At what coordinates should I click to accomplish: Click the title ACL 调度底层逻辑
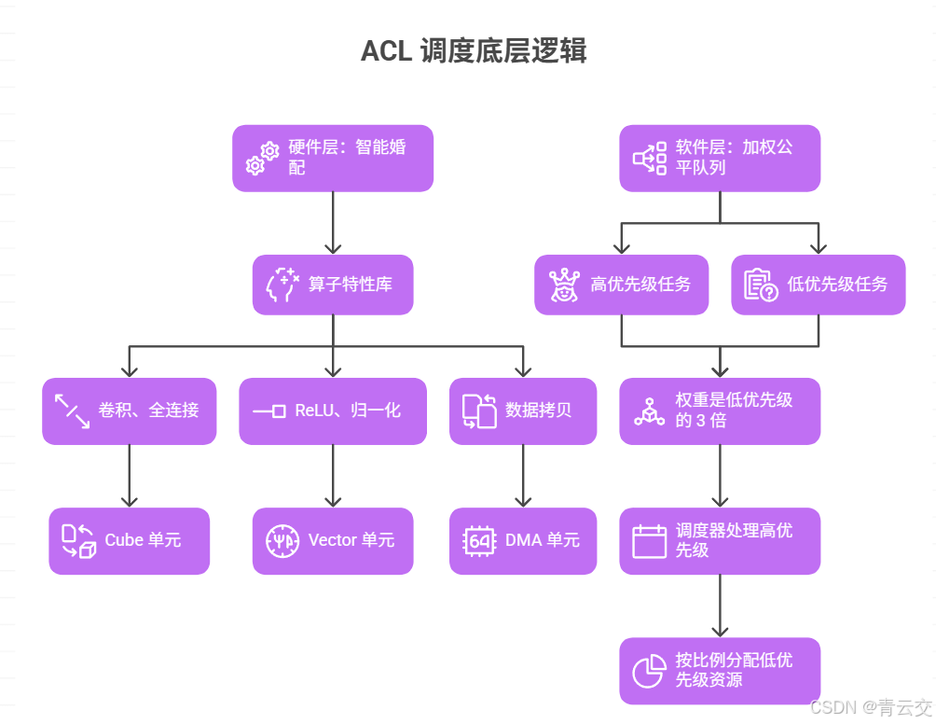point(474,50)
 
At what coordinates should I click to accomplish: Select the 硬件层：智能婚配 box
point(333,159)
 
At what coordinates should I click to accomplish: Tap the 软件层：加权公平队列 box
point(720,159)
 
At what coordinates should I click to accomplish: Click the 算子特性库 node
point(333,285)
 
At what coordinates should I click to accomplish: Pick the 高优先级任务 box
point(621,285)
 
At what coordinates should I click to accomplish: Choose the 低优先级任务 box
point(818,285)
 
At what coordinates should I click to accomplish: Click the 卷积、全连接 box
point(130,411)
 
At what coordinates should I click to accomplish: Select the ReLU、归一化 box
point(333,411)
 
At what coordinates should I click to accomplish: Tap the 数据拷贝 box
point(523,411)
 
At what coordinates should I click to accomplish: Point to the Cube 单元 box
point(130,540)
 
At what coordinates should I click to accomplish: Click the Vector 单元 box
point(333,540)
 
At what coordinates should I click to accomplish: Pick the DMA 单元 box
point(523,540)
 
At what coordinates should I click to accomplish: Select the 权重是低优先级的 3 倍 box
point(720,411)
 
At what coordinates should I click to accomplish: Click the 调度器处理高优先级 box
point(720,540)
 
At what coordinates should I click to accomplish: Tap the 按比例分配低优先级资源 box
point(720,670)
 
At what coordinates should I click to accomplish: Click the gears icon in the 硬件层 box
point(262,159)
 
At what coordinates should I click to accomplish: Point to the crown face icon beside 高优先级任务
point(563,285)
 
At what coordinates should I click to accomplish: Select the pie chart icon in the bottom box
point(648,671)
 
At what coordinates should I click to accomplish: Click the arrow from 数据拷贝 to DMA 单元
point(523,476)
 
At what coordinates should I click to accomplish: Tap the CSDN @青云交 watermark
point(870,707)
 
